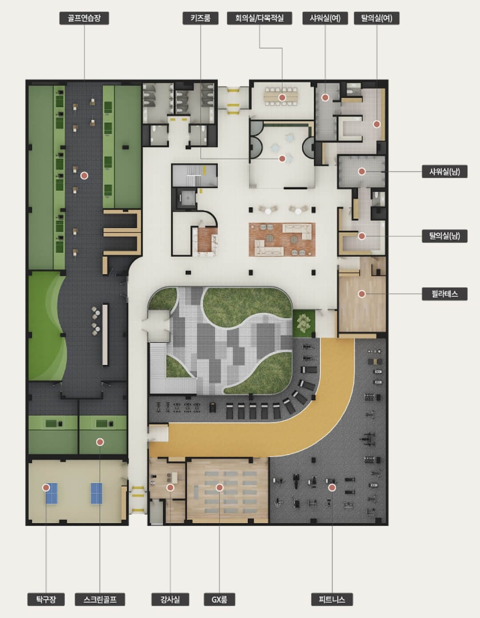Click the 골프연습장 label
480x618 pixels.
click(x=84, y=18)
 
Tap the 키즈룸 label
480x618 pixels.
click(x=200, y=18)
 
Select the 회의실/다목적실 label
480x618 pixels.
click(x=260, y=18)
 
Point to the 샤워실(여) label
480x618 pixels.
click(x=325, y=18)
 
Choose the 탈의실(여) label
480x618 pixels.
click(x=377, y=18)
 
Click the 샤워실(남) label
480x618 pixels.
click(x=444, y=171)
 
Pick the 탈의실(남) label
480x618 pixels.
click(x=444, y=236)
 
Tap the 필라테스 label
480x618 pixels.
click(x=444, y=294)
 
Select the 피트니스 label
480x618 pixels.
click(x=332, y=599)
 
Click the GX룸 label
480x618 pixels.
click(x=219, y=599)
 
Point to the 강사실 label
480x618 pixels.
click(x=170, y=599)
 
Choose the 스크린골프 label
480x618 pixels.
click(x=100, y=599)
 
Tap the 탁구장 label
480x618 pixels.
click(x=46, y=599)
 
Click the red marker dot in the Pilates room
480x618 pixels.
click(x=362, y=294)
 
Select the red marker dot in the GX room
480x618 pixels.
click(x=219, y=488)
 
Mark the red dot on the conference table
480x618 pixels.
click(x=282, y=98)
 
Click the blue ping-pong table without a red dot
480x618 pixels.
click(x=97, y=494)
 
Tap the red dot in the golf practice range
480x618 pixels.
click(x=84, y=175)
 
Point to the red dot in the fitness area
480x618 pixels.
click(x=332, y=488)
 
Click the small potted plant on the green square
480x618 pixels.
click(x=304, y=323)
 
